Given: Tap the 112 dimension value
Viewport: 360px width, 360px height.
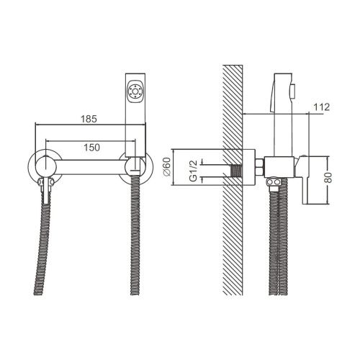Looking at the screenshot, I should coord(321,107).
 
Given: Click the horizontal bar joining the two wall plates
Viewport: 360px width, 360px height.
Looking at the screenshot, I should coord(90,167).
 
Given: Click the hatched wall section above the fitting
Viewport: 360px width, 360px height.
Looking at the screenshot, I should coord(233,108).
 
